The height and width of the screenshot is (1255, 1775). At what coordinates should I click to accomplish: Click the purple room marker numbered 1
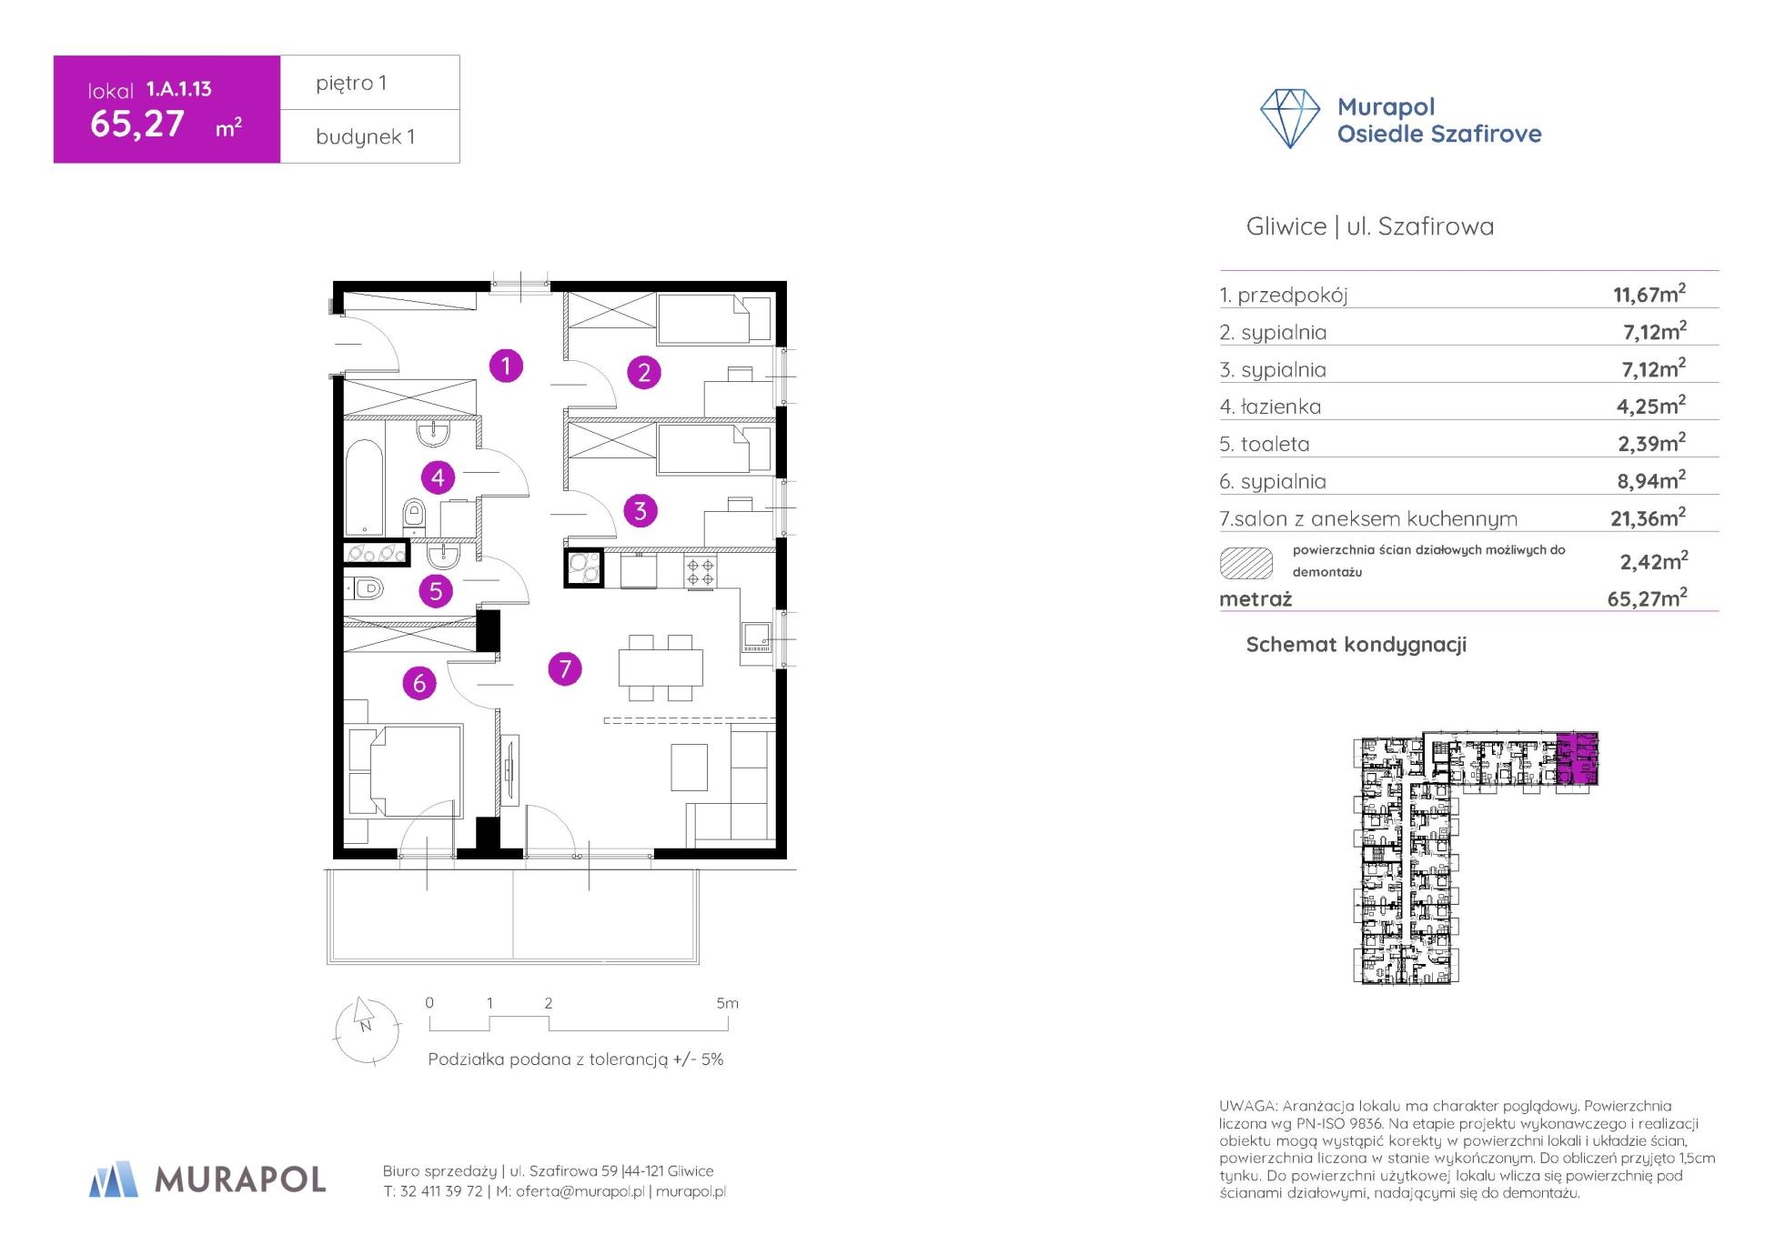[506, 366]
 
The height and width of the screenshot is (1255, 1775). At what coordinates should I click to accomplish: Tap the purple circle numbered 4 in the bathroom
[438, 477]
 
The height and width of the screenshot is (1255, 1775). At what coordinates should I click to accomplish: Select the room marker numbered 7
[565, 669]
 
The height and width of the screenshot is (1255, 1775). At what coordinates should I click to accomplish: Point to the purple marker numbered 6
[419, 683]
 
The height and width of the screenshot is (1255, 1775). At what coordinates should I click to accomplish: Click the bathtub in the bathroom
[364, 487]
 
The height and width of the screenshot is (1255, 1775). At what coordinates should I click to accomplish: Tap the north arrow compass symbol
[367, 1029]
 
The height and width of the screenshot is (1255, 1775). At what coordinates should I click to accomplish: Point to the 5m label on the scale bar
[727, 1003]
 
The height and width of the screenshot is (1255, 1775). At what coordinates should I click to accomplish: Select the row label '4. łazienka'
[1270, 407]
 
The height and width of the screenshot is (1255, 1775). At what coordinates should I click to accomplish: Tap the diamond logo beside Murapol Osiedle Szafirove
[1289, 118]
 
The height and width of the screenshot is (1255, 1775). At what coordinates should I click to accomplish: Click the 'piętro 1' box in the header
[369, 83]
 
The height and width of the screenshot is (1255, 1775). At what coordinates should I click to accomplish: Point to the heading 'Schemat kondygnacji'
[1356, 645]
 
